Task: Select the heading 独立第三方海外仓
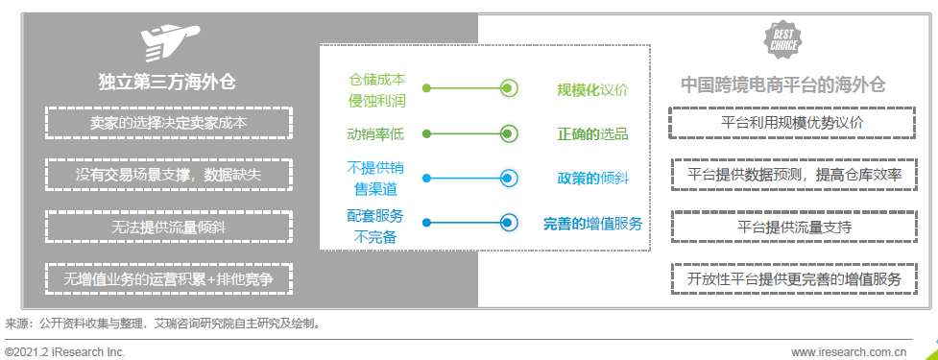point(167,84)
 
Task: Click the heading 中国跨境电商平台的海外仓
point(782,84)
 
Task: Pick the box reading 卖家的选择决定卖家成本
point(168,123)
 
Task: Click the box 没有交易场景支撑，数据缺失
point(168,175)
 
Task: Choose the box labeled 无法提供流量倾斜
point(168,227)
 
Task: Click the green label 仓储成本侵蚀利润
point(375,88)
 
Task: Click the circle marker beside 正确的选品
point(509,132)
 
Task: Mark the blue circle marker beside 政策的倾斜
point(509,177)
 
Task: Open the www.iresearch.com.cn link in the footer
point(849,351)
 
